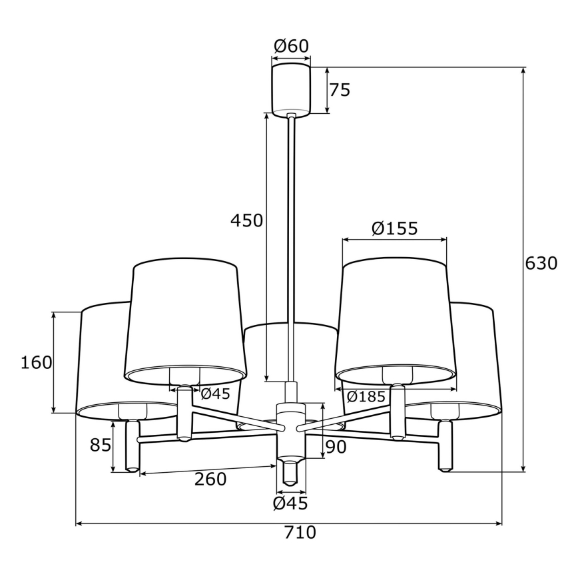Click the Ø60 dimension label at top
point(291,47)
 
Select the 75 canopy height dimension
point(340,91)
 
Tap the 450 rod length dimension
point(247,220)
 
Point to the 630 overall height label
point(541,264)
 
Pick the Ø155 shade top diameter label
point(394,229)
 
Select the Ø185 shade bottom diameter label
point(366,397)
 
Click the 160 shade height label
point(36,363)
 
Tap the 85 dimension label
point(101,445)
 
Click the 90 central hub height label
point(336,447)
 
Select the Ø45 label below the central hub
point(291,503)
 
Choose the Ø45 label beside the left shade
point(215,394)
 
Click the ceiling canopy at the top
point(291,89)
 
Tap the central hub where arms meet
point(290,426)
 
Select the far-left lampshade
point(100,360)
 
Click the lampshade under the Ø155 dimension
point(396,320)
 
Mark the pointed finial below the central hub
point(290,471)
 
